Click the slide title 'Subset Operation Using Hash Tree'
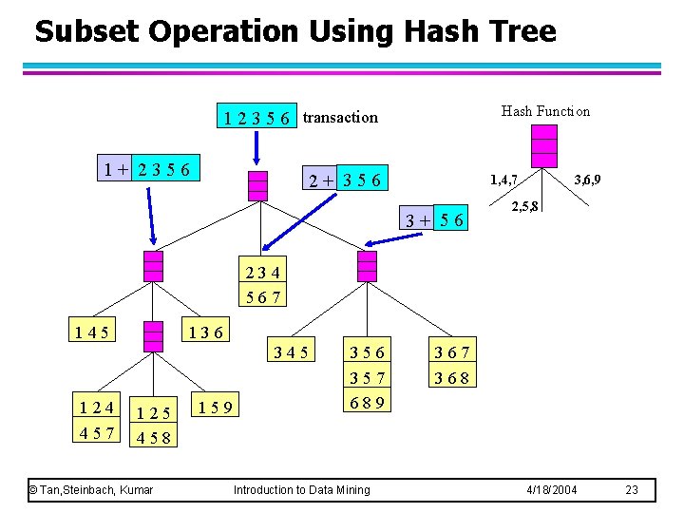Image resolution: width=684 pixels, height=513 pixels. point(294,31)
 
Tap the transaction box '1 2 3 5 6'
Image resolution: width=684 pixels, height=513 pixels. point(256,118)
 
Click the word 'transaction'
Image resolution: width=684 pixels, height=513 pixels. point(340,118)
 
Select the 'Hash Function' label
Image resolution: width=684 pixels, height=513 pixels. point(545,111)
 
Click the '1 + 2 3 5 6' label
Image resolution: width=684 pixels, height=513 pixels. point(148,170)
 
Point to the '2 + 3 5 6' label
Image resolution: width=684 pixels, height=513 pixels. point(344,180)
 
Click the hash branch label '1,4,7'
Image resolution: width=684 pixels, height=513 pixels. point(503,179)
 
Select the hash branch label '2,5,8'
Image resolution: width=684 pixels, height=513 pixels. point(525,206)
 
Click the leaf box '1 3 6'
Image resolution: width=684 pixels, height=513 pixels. point(206,332)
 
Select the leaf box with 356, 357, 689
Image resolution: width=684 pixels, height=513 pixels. point(366,377)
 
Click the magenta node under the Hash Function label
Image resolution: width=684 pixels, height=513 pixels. point(544,146)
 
